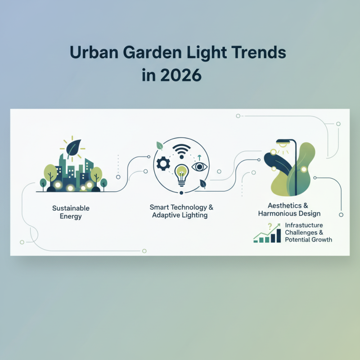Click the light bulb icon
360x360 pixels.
click(181, 174)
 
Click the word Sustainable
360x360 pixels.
click(71, 208)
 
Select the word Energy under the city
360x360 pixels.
click(71, 216)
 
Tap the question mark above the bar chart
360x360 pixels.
click(270, 226)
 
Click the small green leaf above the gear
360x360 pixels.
click(159, 145)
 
